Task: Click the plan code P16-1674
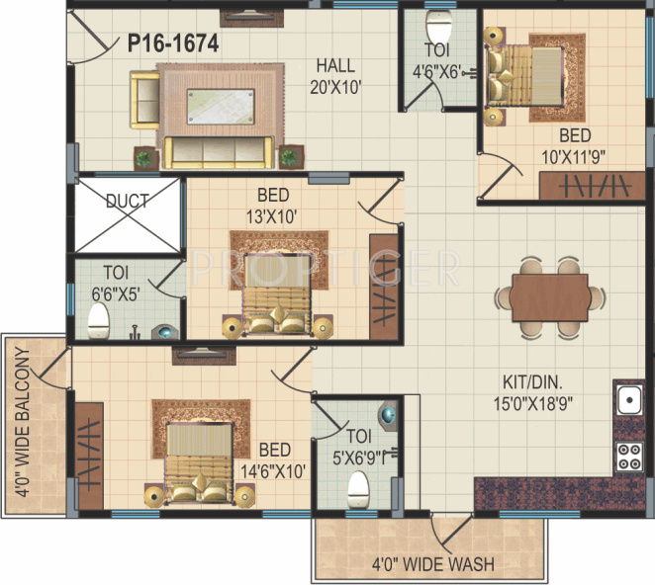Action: click(172, 42)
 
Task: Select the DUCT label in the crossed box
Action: click(127, 202)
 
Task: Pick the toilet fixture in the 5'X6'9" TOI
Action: click(358, 485)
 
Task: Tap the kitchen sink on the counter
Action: click(627, 400)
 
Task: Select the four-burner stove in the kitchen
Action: click(628, 455)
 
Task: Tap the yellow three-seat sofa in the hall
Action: click(218, 151)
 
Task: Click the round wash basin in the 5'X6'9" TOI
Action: click(391, 415)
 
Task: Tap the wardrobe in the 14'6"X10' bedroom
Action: click(90, 456)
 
